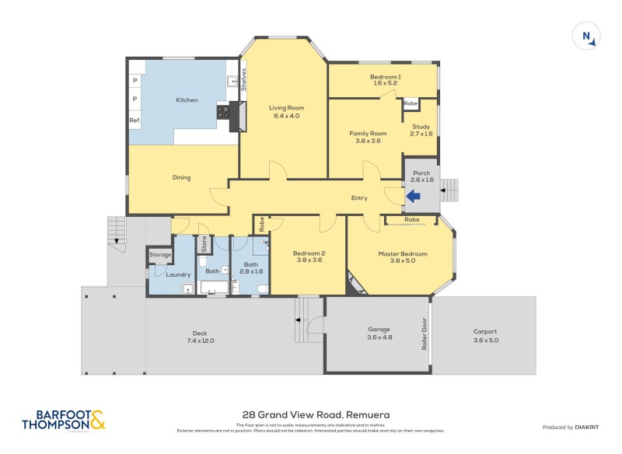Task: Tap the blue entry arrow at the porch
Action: [413, 197]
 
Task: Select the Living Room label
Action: [285, 107]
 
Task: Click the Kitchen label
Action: [187, 100]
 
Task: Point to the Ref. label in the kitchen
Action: [135, 120]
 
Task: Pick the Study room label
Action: [421, 127]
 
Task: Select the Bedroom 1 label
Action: [385, 77]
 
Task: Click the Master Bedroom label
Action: [403, 253]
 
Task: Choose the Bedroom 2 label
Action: [309, 253]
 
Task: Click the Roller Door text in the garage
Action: [425, 334]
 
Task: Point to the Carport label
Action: [485, 331]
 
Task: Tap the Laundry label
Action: [178, 274]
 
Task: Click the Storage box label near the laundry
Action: [160, 254]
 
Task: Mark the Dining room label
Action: [181, 177]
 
